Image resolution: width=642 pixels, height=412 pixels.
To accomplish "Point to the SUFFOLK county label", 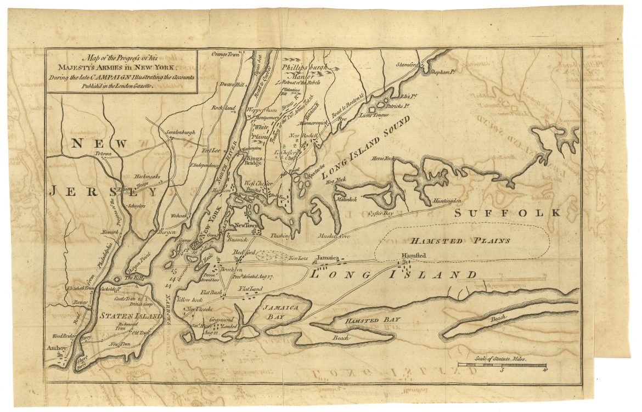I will click(x=507, y=213).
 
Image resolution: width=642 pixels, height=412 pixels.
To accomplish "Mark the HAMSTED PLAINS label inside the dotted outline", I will click(x=460, y=240).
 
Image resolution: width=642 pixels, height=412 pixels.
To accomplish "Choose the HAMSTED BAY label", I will click(x=373, y=320).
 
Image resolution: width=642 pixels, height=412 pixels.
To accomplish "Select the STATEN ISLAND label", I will click(x=131, y=316).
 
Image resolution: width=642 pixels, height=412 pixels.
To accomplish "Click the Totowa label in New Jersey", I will click(x=103, y=154).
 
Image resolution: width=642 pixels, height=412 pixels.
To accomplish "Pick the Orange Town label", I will click(x=227, y=54).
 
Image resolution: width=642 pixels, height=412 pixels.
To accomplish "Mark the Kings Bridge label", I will click(x=254, y=160).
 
